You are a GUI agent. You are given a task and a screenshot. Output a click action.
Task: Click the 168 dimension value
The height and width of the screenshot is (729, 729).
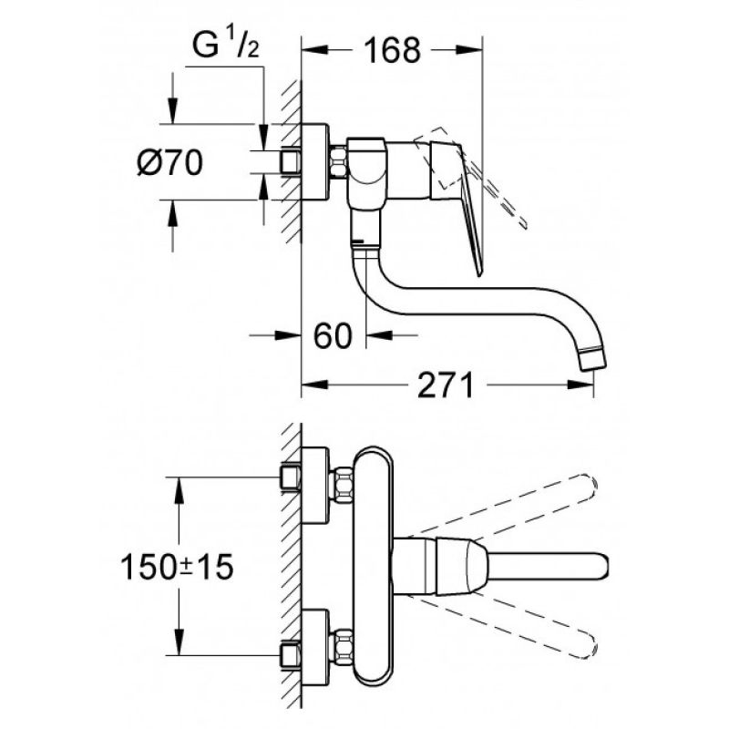click(x=392, y=50)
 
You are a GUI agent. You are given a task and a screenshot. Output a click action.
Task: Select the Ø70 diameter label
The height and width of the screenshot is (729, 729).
click(x=170, y=163)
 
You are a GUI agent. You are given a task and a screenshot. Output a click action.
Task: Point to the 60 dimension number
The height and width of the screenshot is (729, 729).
click(x=333, y=335)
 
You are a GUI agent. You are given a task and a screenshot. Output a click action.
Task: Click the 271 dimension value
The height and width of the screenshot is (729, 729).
click(x=445, y=385)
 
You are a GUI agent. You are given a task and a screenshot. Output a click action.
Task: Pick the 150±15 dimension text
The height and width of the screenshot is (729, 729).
click(x=177, y=567)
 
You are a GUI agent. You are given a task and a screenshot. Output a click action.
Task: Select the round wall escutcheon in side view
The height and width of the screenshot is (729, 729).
click(x=314, y=162)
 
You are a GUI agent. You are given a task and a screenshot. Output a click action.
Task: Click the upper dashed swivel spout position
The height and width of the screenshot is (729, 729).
click(x=502, y=506)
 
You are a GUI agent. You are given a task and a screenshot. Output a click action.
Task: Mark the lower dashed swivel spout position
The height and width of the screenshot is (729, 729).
click(x=502, y=627)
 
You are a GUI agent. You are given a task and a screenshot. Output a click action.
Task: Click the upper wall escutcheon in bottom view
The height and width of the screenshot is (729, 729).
click(x=314, y=485)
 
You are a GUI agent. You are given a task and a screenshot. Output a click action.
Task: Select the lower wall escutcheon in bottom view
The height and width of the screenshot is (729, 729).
click(x=314, y=647)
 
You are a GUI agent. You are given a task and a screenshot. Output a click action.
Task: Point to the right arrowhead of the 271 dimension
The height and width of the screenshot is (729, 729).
click(x=580, y=385)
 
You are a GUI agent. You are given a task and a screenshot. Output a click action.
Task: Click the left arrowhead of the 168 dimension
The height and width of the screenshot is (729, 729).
click(x=314, y=50)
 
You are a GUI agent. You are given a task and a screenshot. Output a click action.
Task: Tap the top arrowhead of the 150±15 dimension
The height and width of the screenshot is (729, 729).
click(x=179, y=490)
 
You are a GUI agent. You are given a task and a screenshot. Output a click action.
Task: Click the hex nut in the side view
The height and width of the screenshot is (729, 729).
click(x=339, y=162)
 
